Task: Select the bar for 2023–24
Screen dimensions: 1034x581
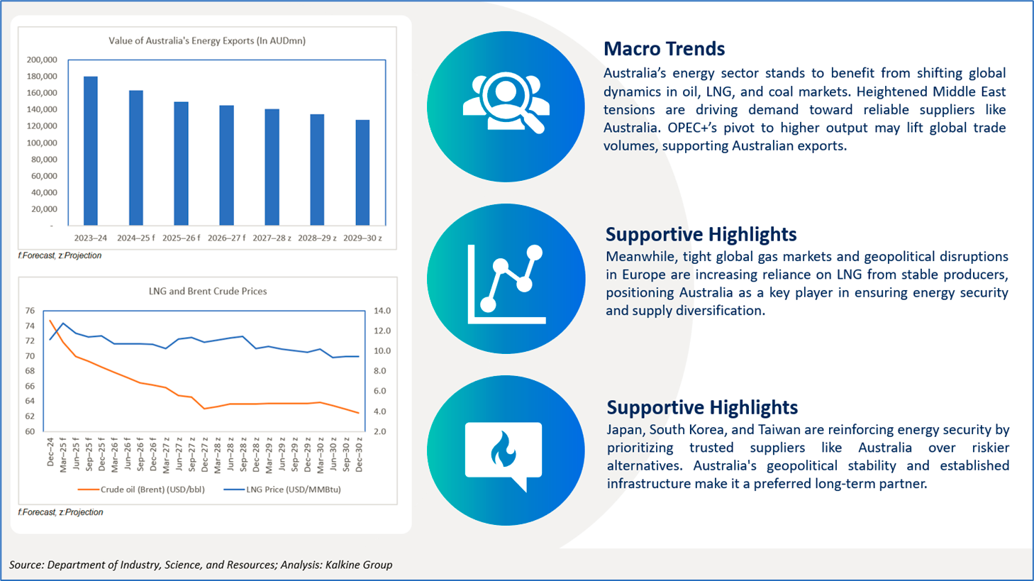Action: (x=91, y=151)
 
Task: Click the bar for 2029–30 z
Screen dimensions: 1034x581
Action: (x=363, y=172)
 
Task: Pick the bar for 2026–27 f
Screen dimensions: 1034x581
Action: (x=227, y=165)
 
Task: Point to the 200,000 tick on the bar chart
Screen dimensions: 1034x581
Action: (x=42, y=60)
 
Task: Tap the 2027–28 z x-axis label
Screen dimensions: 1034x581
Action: (x=272, y=238)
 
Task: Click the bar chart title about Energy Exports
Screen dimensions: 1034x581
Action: (x=207, y=40)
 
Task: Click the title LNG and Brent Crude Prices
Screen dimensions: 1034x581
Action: (x=208, y=291)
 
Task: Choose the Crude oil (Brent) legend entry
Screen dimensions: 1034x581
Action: (x=141, y=489)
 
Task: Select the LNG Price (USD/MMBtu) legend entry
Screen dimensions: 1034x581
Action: (x=282, y=489)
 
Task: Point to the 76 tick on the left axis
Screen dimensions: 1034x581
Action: (x=30, y=311)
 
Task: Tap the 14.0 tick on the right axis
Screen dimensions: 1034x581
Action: (x=382, y=311)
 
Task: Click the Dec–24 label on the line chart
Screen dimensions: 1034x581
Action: (x=50, y=452)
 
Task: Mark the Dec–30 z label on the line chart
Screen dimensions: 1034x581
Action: (x=359, y=454)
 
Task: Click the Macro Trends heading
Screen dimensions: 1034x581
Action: (x=665, y=48)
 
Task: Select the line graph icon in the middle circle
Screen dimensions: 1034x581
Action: (x=507, y=284)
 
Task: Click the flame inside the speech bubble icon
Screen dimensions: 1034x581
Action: (x=503, y=449)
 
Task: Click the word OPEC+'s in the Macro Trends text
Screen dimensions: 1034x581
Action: (x=690, y=128)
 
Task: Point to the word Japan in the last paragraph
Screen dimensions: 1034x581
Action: (x=624, y=430)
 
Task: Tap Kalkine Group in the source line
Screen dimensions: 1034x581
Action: (x=359, y=565)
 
